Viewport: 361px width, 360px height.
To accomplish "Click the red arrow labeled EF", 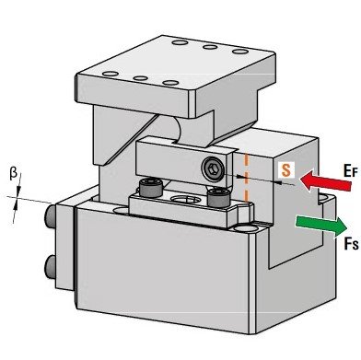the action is (325, 181).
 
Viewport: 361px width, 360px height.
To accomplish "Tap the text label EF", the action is (351, 170).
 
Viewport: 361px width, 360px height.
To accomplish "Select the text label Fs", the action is (351, 244).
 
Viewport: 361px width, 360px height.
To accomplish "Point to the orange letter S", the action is (286, 170).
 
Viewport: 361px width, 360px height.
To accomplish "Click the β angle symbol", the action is (13, 174).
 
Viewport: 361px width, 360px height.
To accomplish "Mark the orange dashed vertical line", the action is (246, 177).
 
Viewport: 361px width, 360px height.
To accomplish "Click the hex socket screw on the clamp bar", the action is (213, 168).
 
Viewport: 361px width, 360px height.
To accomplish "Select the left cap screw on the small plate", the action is (151, 188).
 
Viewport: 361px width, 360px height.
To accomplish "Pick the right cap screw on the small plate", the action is (218, 198).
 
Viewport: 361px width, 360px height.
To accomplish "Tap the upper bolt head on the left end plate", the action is (50, 215).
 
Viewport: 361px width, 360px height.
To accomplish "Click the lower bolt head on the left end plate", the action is (50, 267).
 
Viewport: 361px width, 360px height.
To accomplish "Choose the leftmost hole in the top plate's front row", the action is (111, 74).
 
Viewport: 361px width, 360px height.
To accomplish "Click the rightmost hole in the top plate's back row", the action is (240, 52).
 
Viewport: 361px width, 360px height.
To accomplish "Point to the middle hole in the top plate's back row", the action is (210, 47).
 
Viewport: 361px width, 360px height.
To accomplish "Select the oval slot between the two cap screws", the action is (185, 200).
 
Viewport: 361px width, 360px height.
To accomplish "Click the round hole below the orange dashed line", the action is (245, 228).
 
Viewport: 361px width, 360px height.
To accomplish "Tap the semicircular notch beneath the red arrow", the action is (323, 199).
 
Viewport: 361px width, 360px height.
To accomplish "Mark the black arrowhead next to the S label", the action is (277, 182).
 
